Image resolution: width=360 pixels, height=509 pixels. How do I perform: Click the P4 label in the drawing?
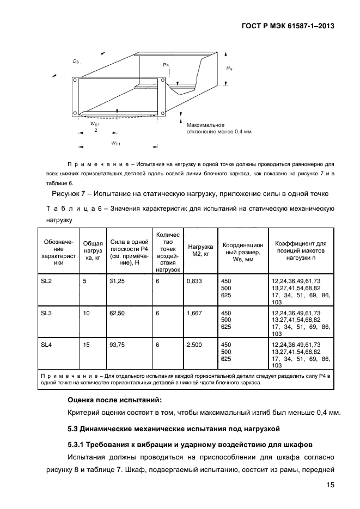(x=166, y=65)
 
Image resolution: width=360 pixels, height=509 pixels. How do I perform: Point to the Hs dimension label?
(x=229, y=69)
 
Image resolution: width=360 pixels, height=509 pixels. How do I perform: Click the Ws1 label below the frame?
(x=115, y=143)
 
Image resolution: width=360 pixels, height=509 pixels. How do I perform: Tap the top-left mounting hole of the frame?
(x=74, y=79)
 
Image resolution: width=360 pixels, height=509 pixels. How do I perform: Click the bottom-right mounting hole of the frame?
(x=163, y=113)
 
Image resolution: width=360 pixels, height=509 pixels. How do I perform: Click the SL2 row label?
(x=46, y=280)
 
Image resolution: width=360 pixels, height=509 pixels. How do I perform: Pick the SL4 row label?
(x=46, y=345)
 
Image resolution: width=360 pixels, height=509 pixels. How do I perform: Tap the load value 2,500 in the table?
(x=194, y=345)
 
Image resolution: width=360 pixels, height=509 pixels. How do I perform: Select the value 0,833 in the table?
(x=193, y=280)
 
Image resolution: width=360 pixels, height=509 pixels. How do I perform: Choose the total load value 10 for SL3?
(x=86, y=312)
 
